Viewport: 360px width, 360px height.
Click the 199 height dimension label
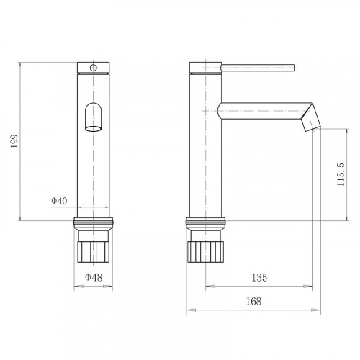tap(14, 141)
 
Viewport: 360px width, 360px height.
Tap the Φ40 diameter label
tap(59, 201)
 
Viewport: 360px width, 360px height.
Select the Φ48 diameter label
tap(94, 277)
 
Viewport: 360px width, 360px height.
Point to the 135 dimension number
tap(259, 277)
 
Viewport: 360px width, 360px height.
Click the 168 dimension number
tap(253, 301)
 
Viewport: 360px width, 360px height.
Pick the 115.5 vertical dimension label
tap(341, 174)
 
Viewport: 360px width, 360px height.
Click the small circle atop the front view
tap(94, 68)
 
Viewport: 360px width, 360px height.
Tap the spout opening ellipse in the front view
tap(94, 129)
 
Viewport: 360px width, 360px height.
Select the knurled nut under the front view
tap(94, 252)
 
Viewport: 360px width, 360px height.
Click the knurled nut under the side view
tap(205, 252)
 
